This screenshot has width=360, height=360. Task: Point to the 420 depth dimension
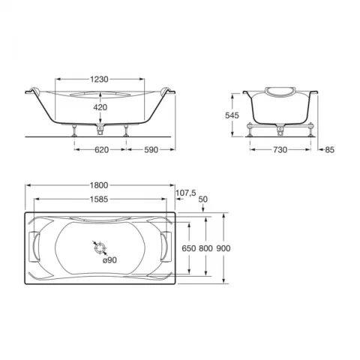pos(100,107)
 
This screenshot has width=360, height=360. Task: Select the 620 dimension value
pos(100,150)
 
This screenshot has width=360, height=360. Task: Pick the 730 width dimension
pos(280,150)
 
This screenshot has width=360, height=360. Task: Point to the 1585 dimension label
pos(100,199)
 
